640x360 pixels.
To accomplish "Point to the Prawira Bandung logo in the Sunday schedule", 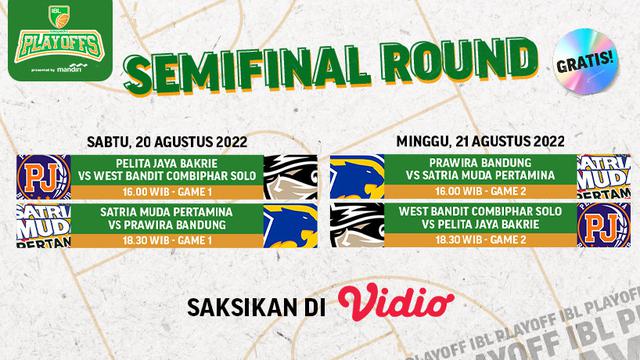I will point(357,178).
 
